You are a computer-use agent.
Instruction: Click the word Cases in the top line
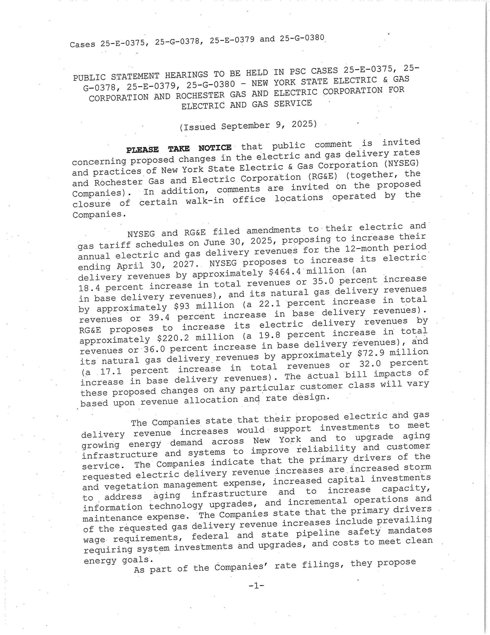(x=82, y=44)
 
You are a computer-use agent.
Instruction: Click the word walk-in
(x=205, y=200)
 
